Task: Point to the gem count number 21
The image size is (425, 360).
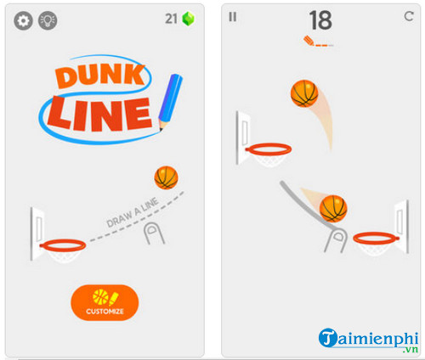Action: [170, 18]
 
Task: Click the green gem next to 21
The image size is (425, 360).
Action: [188, 19]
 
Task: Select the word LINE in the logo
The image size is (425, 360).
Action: [99, 112]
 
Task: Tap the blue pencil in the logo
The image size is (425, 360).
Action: [172, 101]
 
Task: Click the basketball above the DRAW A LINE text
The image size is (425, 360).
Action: [166, 177]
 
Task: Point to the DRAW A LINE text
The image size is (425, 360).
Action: [133, 211]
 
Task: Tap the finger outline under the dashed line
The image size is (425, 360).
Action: [155, 235]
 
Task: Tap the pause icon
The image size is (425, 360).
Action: [233, 16]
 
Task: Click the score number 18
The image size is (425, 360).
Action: [320, 20]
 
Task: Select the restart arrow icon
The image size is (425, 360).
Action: [408, 16]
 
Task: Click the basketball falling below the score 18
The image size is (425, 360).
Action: [304, 93]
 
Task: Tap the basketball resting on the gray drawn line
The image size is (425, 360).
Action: [333, 208]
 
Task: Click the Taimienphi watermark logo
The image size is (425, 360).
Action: [369, 339]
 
